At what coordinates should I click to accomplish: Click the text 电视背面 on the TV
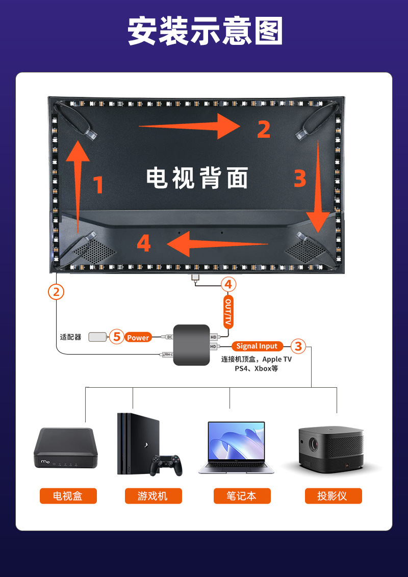(x=197, y=178)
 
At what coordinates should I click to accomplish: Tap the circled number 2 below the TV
(x=56, y=292)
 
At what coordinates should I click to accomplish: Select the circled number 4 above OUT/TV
(x=228, y=284)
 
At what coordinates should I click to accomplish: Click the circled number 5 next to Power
(x=117, y=337)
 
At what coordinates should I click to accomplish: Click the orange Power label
(x=138, y=337)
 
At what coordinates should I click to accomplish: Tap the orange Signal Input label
(x=257, y=346)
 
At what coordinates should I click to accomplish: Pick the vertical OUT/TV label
(x=228, y=313)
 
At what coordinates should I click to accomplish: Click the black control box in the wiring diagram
(x=191, y=345)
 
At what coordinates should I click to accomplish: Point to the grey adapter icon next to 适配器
(x=97, y=337)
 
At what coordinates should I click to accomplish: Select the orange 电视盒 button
(x=68, y=496)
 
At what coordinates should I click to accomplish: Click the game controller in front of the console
(x=166, y=463)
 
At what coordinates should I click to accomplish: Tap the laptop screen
(x=236, y=441)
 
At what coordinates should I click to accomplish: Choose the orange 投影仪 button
(x=333, y=496)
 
